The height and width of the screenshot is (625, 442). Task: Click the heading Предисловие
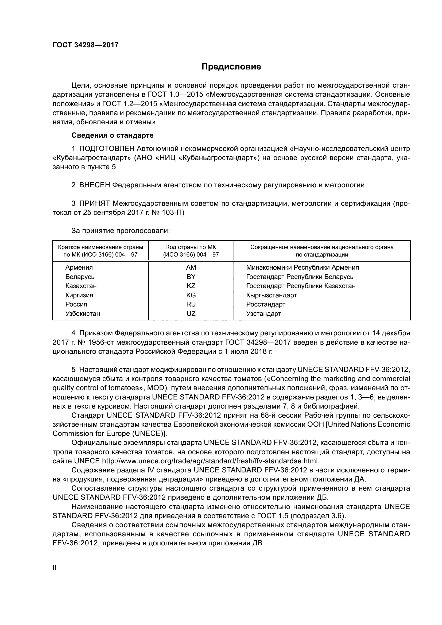231,67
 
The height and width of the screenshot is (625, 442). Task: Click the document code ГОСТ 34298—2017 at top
86,45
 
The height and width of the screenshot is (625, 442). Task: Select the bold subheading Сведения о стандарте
113,135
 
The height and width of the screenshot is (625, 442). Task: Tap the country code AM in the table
191,267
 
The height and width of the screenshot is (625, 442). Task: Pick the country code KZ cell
191,286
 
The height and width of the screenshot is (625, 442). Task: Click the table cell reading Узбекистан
83,314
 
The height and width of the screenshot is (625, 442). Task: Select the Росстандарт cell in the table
266,304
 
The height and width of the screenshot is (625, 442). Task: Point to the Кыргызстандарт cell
271,295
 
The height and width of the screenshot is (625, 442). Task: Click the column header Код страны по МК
191,247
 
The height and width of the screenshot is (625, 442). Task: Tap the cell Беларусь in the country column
80,277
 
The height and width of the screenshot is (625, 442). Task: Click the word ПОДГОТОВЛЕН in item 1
107,149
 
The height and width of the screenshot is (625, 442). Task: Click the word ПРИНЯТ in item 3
95,203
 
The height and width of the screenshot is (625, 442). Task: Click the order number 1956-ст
79,342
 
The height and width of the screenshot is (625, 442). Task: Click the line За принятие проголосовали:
120,231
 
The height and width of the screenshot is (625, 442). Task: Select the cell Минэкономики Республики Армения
303,267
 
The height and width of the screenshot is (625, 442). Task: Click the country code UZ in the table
191,314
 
